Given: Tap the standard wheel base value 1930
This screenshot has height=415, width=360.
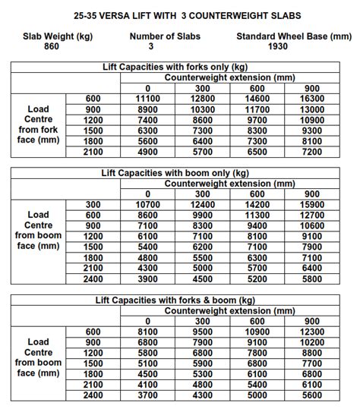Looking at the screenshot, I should pos(287,46).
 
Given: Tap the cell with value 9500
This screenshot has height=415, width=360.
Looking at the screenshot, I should pos(203,332).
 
